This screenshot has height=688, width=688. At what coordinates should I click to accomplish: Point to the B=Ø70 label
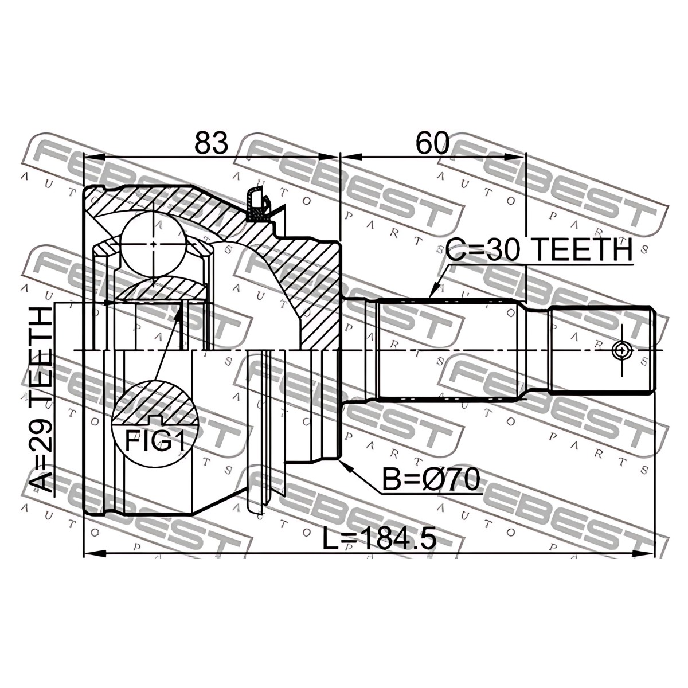click(x=431, y=480)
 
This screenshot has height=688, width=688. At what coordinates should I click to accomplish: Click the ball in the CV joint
click(x=153, y=244)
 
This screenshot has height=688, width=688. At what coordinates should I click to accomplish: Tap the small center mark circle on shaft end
click(x=621, y=351)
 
